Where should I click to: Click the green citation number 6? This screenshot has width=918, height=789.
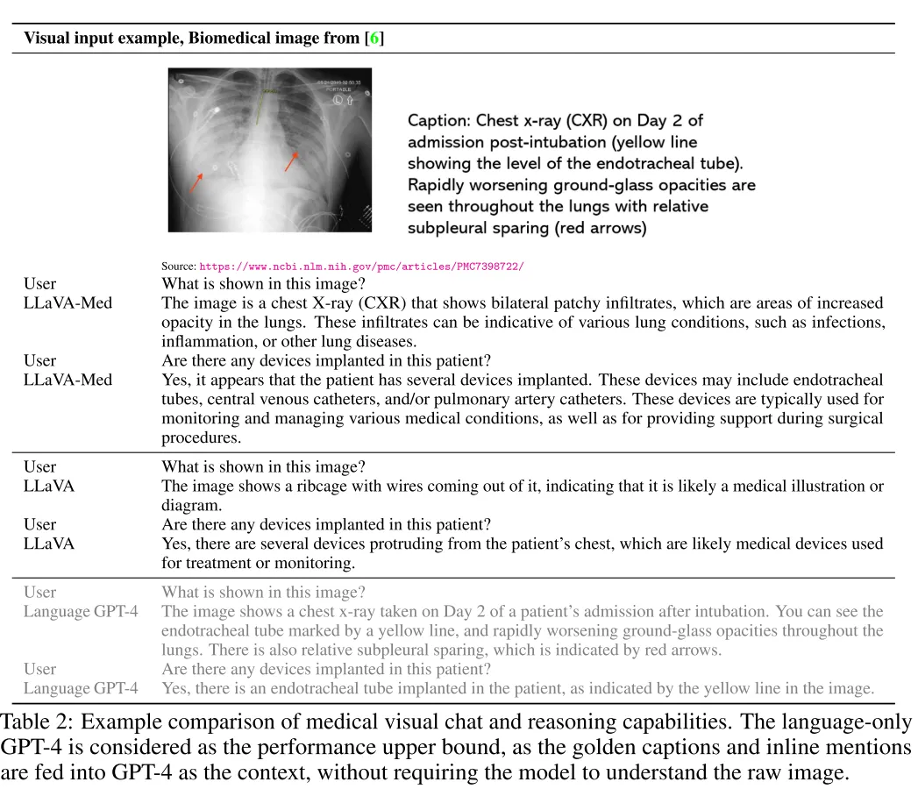point(374,39)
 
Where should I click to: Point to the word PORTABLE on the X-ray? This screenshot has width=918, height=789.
point(339,89)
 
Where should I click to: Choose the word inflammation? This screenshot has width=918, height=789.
point(203,342)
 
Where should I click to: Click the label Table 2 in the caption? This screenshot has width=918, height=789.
point(32,724)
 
